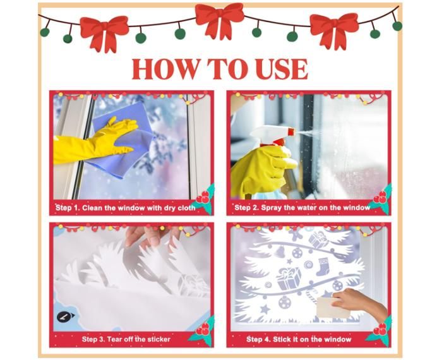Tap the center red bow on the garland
[219, 20]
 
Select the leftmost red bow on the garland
[104, 33]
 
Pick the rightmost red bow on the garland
[334, 31]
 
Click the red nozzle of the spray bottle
[290, 131]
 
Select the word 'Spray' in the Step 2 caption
[271, 208]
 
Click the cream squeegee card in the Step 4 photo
[333, 308]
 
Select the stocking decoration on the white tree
[322, 267]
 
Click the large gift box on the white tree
[289, 279]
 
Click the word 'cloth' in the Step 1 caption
[187, 208]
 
